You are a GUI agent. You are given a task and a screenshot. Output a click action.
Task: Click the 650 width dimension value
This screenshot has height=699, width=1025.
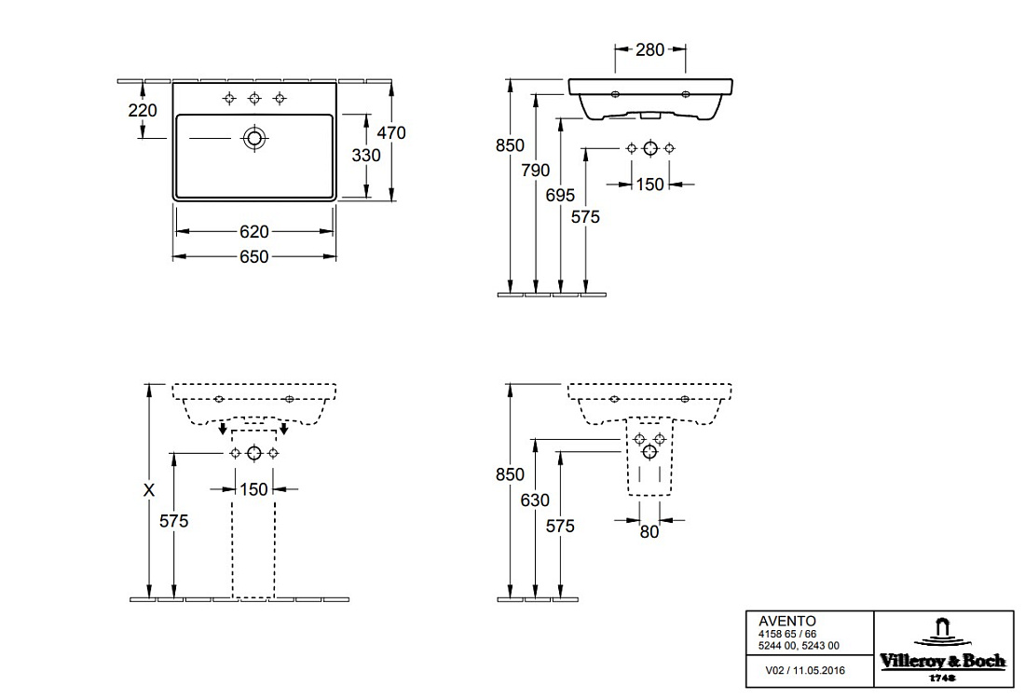[x=254, y=256]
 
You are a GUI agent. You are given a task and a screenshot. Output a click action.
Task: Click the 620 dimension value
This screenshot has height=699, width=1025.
[x=254, y=231]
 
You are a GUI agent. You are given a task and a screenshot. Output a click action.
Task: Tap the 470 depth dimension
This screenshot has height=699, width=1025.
[x=391, y=132]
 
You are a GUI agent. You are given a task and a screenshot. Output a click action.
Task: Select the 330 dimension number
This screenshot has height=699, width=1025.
[x=366, y=155]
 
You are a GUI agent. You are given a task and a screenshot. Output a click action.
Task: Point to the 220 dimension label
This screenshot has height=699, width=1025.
[x=143, y=111]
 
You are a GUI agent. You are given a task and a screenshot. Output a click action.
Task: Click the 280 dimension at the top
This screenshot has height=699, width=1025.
[x=649, y=49]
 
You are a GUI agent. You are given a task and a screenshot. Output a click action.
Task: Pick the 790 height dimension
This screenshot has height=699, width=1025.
[x=536, y=170]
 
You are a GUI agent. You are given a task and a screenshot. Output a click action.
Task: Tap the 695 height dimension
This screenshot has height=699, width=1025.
[x=560, y=195]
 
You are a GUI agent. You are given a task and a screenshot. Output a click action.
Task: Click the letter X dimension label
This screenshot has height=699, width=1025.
[x=149, y=489]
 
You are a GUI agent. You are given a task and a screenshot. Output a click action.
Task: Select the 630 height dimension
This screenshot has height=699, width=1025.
[x=535, y=500]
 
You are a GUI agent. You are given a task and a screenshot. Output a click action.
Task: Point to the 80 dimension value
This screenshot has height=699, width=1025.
[x=649, y=532]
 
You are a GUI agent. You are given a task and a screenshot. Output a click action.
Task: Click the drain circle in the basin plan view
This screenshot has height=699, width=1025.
[x=254, y=138]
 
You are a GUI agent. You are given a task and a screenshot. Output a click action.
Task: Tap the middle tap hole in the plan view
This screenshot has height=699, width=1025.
[x=254, y=99]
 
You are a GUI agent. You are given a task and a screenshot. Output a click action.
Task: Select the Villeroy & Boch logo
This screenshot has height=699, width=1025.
[x=943, y=650]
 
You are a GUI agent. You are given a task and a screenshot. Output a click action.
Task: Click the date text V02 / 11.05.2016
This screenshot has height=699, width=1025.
[x=805, y=670]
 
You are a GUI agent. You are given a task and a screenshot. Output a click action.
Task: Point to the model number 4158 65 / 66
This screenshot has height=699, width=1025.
[x=787, y=635]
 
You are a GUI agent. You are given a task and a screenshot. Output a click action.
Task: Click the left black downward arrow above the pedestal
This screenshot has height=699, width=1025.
[x=223, y=429]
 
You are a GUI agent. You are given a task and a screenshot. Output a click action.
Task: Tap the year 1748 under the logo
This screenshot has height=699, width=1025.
[x=943, y=678]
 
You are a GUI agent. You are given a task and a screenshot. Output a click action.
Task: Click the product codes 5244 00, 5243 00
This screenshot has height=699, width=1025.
[x=799, y=645]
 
